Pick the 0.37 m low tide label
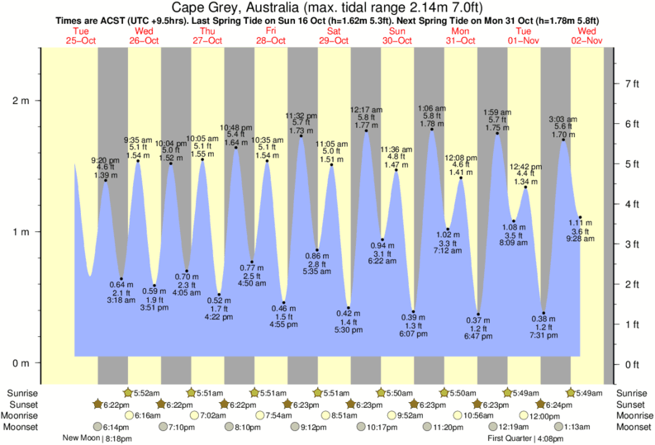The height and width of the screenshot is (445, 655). tap(478, 320)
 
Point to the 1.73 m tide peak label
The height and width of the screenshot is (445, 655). tap(302, 130)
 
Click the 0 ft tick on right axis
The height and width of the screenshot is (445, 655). tap(632, 363)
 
